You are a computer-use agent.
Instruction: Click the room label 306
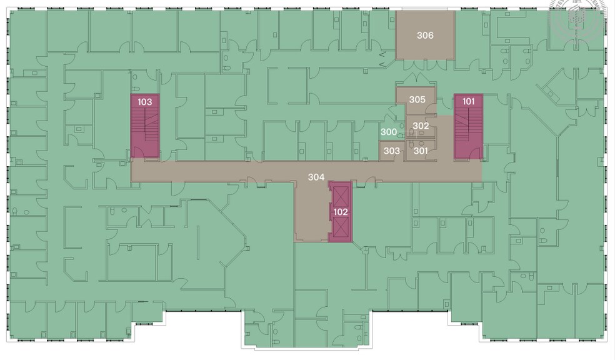click(x=425, y=36)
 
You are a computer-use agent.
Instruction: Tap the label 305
click(x=417, y=99)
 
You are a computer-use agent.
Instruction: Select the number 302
click(x=421, y=126)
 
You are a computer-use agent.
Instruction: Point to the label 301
click(x=421, y=151)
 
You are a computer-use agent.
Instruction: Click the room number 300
click(x=389, y=132)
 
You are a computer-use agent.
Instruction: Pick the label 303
click(x=391, y=151)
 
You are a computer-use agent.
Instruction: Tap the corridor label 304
click(x=316, y=177)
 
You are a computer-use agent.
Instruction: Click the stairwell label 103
click(x=145, y=101)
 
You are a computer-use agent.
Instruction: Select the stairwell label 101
click(x=468, y=101)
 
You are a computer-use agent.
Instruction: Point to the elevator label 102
click(x=341, y=212)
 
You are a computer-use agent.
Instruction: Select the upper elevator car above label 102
click(x=341, y=195)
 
